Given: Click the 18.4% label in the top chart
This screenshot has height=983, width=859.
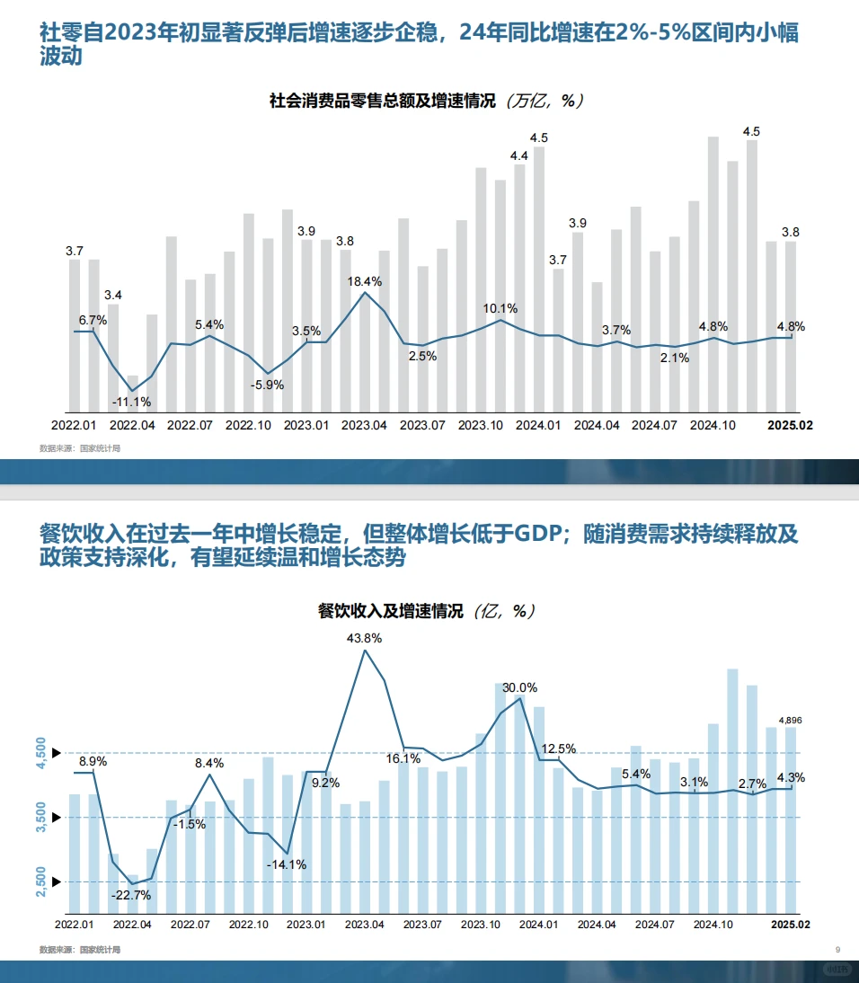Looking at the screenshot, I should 365,281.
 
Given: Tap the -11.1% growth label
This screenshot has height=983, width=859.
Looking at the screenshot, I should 131,402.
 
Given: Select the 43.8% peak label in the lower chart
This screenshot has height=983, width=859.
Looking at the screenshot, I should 364,638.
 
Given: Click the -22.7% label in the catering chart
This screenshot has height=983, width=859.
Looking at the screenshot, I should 131,895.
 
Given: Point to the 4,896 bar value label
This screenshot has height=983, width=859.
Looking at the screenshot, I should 791,720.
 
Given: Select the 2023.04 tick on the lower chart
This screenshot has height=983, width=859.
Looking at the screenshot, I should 364,924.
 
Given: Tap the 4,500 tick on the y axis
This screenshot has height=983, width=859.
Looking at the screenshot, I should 40,752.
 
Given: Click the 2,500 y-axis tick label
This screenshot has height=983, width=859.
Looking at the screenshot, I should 40,881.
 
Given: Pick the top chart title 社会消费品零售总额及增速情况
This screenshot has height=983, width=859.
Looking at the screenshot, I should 382,102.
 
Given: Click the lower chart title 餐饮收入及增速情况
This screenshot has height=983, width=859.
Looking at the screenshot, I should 391,612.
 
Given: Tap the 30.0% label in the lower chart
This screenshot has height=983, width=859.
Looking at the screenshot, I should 518,687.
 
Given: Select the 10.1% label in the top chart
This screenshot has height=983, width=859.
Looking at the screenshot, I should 500,308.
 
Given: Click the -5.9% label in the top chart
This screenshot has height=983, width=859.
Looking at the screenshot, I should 267,385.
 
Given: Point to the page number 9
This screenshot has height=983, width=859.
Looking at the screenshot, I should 837,950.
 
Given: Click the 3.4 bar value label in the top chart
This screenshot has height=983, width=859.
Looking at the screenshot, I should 113,295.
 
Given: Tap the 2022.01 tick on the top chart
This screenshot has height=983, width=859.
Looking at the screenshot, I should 74,424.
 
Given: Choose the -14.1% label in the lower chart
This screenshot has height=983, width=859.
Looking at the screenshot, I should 287,864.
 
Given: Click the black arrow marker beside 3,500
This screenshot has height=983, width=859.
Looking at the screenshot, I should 57,817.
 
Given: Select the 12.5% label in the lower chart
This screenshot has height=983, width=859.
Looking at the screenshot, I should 558,748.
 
